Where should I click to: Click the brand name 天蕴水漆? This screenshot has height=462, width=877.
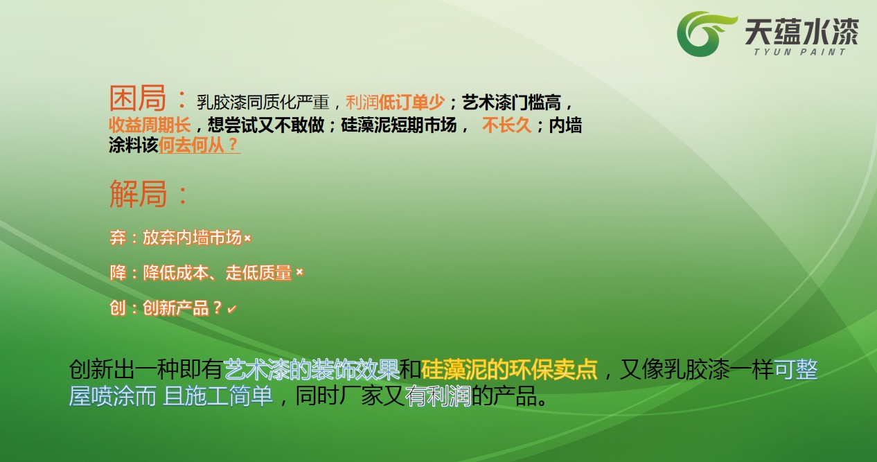pos(801,31)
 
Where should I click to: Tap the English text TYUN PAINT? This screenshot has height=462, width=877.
pos(799,52)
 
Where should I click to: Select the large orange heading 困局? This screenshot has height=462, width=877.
pos(137,98)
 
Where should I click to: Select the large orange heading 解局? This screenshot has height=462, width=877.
pos(138,193)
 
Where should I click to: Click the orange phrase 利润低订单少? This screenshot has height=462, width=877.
pos(395,103)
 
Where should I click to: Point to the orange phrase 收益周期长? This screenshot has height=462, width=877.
pos(150,125)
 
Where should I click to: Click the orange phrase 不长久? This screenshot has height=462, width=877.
pos(506,125)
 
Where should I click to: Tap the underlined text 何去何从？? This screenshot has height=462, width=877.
pos(200,145)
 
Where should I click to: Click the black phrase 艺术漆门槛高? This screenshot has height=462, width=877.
pos(511,103)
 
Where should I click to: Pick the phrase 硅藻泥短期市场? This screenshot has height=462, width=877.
pos(398,125)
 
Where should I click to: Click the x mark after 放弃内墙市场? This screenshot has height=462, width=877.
pos(247,238)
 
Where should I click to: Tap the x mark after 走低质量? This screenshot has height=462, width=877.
pos(299,272)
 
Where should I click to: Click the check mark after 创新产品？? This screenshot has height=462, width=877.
pos(232,310)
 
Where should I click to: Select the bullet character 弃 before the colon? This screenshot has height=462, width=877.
pos(118,238)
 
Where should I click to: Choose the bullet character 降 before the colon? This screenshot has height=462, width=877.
pos(118,273)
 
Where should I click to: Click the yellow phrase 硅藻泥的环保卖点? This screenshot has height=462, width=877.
pos(509,369)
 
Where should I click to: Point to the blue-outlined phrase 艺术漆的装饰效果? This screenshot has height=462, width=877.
pos(312,369)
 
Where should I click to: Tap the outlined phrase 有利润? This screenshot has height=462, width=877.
pos(438,396)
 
